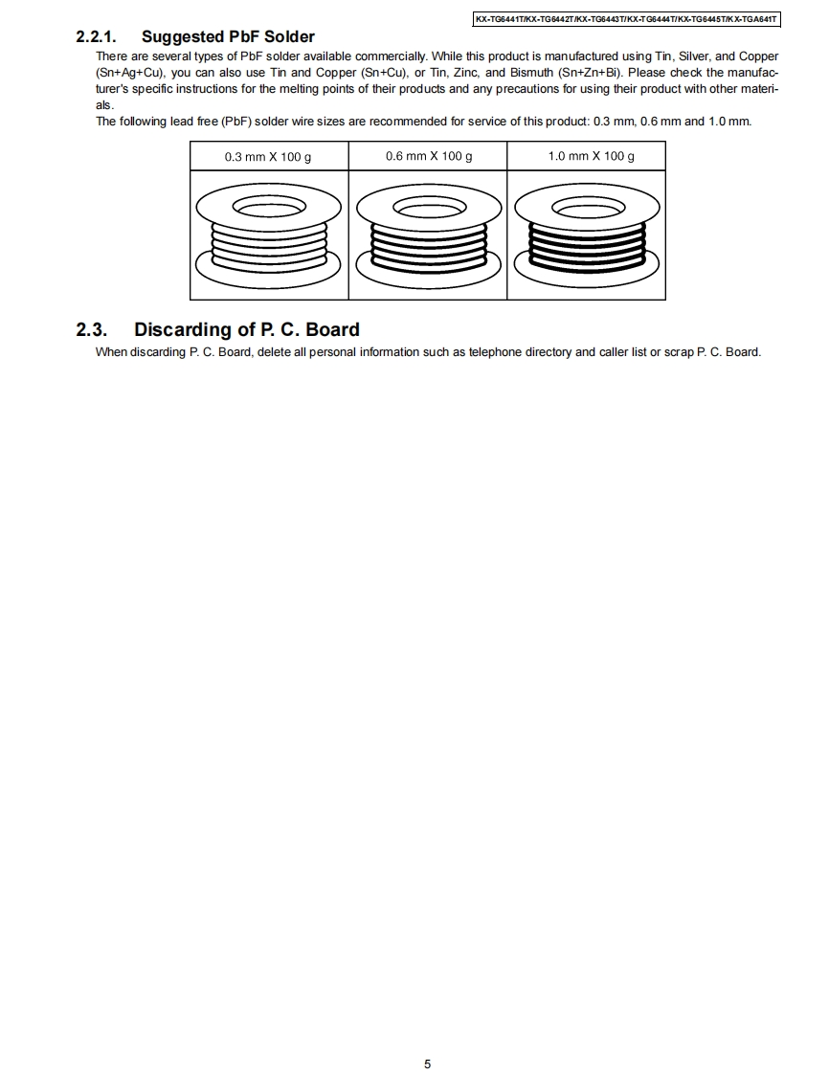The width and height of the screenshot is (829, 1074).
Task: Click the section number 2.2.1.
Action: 96,37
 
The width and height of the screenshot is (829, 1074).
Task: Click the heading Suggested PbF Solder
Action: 228,37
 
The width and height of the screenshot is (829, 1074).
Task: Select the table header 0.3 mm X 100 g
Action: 268,157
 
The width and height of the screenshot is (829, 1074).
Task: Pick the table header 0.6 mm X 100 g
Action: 428,156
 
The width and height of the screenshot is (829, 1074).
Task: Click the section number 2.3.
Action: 91,330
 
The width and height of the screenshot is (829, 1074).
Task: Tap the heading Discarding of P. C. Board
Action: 246,330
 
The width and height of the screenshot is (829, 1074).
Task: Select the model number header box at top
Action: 627,19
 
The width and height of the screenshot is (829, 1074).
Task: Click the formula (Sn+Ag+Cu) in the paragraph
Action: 130,73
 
